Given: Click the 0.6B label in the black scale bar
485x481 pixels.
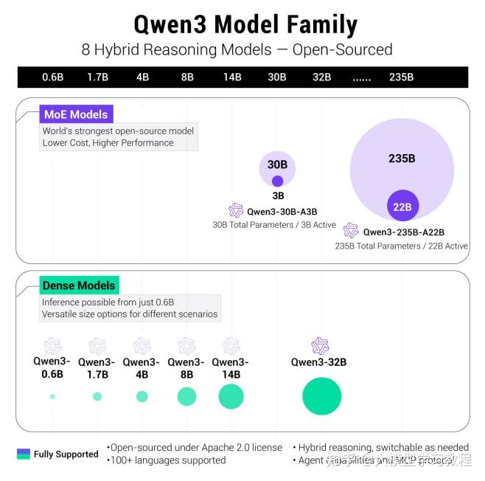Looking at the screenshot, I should click(52, 77).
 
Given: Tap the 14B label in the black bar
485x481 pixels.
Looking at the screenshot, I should click(231, 77).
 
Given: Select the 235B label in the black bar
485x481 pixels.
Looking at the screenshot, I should click(401, 77).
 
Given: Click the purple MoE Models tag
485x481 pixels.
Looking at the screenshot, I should click(76, 114).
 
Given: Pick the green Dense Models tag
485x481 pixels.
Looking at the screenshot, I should click(79, 286).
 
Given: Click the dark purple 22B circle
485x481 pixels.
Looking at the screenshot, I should click(402, 206).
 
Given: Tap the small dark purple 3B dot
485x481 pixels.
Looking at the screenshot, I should click(277, 181).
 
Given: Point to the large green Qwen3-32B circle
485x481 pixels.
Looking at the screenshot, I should click(321, 396).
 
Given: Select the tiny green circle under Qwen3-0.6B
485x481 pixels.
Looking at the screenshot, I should click(52, 396).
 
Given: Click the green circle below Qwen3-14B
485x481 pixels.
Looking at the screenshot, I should click(231, 396).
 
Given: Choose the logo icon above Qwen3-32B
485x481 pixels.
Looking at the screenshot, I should click(319, 346).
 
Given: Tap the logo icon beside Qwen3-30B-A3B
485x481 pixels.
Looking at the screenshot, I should click(236, 210).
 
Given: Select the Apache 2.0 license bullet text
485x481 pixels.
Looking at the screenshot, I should click(195, 447).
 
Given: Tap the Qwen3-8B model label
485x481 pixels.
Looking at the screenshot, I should click(186, 367).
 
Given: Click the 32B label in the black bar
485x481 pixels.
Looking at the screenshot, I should click(321, 77).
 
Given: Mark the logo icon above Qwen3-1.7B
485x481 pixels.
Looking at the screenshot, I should click(97, 346).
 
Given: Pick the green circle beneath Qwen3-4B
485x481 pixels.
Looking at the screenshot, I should click(142, 396).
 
